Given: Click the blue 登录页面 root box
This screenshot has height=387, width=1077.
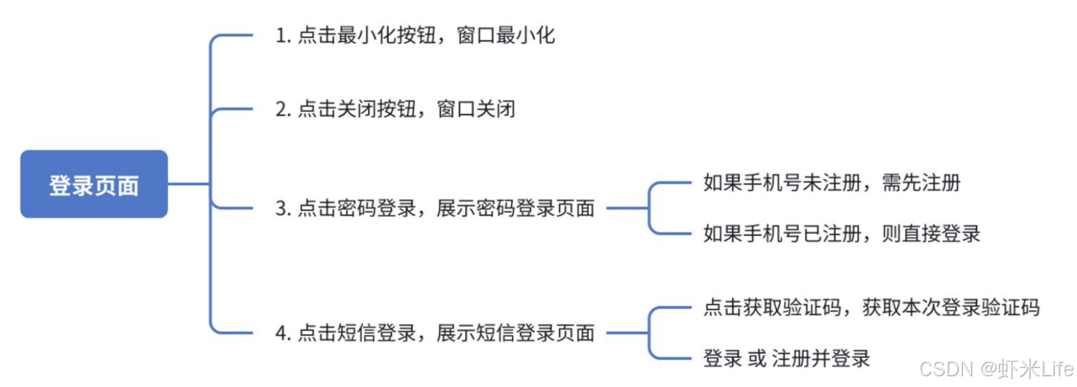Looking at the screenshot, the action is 93,184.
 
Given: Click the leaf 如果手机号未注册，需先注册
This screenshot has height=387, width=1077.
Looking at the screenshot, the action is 831,183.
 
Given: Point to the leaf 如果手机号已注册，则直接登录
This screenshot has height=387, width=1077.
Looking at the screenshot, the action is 841,233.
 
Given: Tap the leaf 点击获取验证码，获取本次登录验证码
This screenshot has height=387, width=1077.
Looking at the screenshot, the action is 871,308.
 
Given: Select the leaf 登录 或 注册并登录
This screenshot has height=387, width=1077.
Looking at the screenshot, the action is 786,359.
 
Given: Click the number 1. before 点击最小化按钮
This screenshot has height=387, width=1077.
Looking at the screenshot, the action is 283,37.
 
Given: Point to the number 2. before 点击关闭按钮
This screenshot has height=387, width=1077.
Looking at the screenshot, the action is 283,108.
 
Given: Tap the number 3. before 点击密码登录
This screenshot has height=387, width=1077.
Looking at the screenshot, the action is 283,208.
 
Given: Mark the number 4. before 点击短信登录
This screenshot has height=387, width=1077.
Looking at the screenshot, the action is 283,333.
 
